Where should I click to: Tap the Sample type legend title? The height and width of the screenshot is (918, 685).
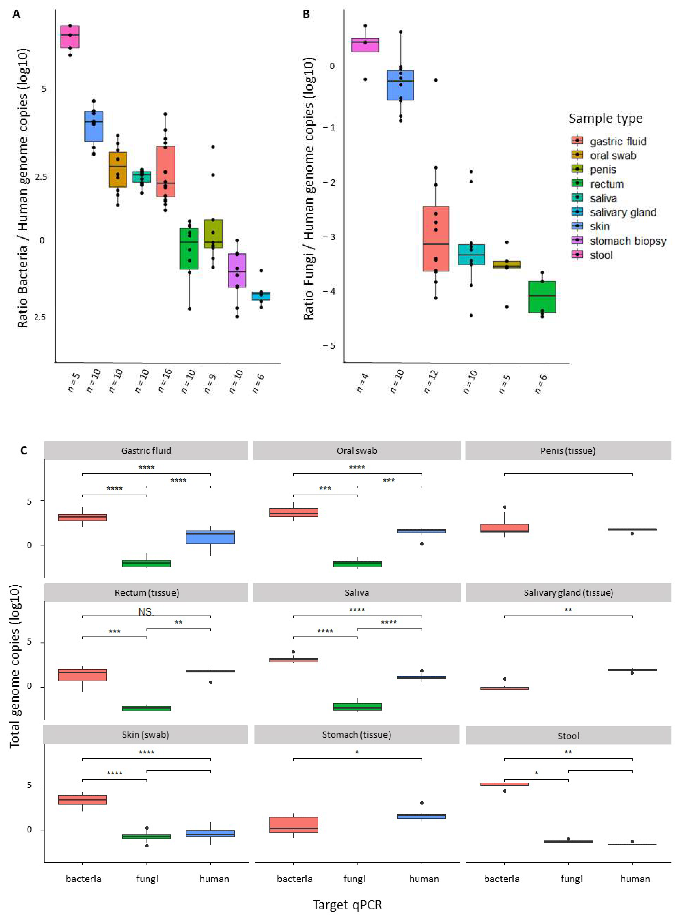click(x=605, y=119)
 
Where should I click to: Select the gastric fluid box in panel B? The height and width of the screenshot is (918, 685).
click(x=436, y=238)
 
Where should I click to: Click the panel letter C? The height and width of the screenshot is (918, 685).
click(x=24, y=451)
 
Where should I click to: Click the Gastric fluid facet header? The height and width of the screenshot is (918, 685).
click(x=146, y=451)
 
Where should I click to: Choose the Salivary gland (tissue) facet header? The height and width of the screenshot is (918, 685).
click(x=568, y=592)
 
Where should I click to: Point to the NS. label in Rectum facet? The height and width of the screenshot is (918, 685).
click(x=146, y=611)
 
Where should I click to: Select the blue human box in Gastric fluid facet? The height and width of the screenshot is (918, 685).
click(x=210, y=537)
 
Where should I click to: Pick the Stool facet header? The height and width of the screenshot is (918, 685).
click(x=568, y=736)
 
